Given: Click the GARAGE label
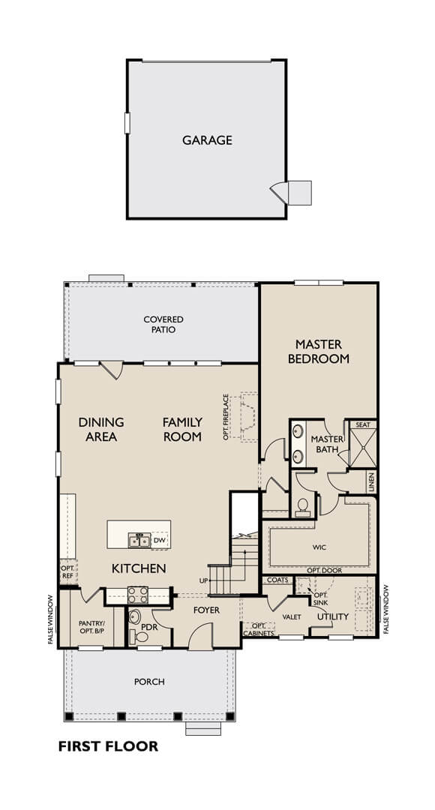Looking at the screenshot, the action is click(207, 140).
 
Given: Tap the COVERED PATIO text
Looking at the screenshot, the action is click(163, 325).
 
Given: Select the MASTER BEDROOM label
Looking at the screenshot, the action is click(318, 351).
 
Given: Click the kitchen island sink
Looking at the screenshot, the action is click(139, 540).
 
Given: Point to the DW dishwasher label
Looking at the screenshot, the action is click(159, 540).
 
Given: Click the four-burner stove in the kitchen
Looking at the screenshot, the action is click(138, 595).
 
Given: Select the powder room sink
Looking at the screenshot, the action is click(134, 616).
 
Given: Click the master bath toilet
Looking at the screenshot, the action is click(302, 507).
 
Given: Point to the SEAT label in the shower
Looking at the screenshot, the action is click(363, 424).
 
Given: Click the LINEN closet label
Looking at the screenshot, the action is click(371, 482).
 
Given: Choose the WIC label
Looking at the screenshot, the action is click(319, 547).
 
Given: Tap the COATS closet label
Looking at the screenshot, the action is click(278, 580).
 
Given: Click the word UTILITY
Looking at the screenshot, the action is click(333, 616).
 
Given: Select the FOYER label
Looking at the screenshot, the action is click(207, 610).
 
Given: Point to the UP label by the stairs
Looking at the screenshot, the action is click(203, 580).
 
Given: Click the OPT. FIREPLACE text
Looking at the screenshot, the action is click(226, 417).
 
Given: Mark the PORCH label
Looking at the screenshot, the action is click(149, 682).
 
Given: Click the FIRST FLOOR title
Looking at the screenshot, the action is click(108, 746).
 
